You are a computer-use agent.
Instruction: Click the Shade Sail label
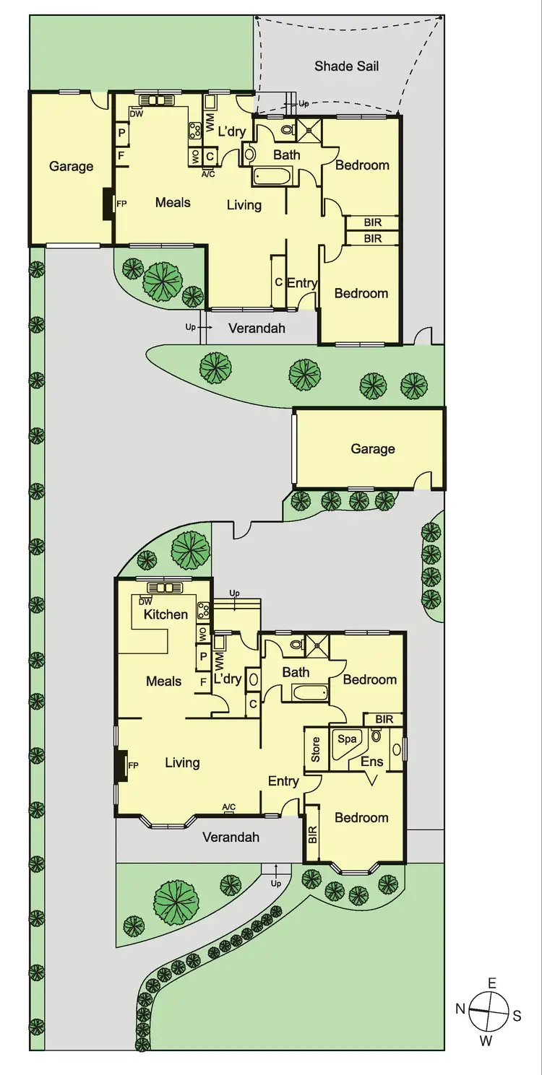[346, 66]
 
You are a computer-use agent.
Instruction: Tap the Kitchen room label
[165, 614]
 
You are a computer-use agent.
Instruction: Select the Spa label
[348, 739]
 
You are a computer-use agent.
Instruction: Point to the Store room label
[316, 749]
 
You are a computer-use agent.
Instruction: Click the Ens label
[372, 762]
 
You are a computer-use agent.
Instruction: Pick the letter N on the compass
[460, 1009]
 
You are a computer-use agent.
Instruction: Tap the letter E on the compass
[492, 983]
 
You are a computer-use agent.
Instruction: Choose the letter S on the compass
[517, 1016]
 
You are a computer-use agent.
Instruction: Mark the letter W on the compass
[486, 1040]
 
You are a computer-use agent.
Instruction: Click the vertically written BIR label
[313, 835]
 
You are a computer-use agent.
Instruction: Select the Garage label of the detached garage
[373, 449]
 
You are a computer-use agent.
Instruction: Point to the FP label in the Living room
[133, 765]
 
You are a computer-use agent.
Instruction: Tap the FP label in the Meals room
[121, 204]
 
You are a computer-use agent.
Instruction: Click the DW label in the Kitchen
[145, 601]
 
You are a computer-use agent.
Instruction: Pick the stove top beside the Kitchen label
[204, 611]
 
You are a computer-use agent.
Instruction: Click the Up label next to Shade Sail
[304, 104]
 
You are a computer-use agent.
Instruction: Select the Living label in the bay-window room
[182, 762]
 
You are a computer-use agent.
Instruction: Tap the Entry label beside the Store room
[283, 781]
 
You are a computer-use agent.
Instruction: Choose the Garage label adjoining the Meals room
[71, 167]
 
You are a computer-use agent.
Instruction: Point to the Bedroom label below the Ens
[361, 817]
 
